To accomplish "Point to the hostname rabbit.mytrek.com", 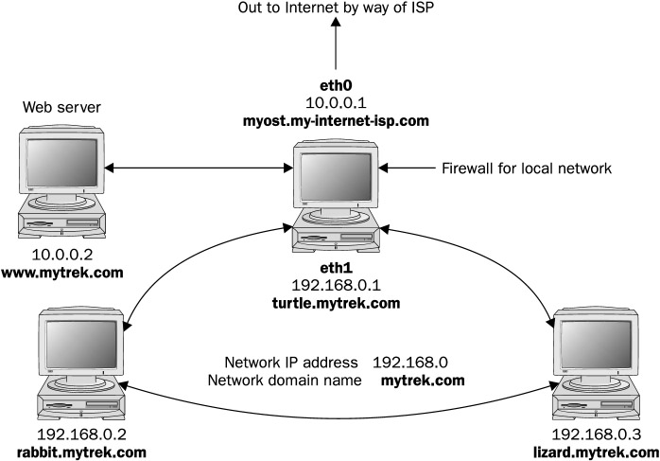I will coord(80,452).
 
